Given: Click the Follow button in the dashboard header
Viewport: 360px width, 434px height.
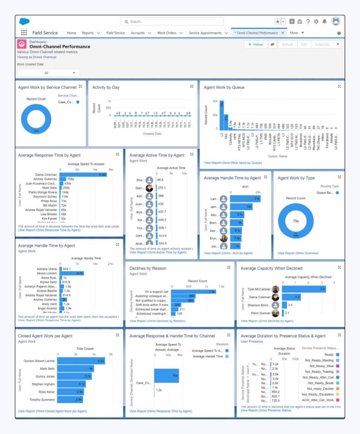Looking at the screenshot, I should tap(256, 45).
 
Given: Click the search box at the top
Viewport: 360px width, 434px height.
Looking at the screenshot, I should tap(172, 21).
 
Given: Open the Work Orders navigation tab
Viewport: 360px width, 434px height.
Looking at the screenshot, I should tap(167, 33).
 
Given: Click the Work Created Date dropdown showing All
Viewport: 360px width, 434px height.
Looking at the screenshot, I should tap(48, 73).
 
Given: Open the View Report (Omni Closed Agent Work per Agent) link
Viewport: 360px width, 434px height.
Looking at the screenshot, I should tap(52, 411).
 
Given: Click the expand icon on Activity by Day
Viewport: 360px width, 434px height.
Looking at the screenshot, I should tap(192, 87).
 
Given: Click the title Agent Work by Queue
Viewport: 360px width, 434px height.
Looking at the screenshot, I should tap(224, 87).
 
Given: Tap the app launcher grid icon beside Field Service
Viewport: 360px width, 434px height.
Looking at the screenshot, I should tap(24, 33).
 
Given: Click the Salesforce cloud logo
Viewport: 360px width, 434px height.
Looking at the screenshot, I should tap(24, 21).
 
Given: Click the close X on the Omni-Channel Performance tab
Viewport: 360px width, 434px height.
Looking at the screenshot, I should tap(283, 33).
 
